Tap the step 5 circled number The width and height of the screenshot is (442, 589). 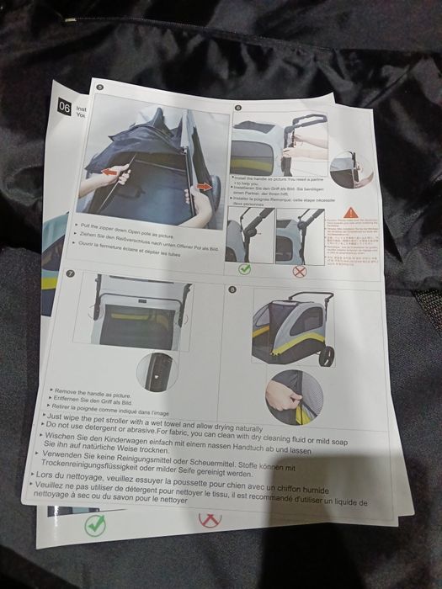point(100,88)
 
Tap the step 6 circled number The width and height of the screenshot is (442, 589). point(238,109)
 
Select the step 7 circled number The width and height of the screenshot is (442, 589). point(70,273)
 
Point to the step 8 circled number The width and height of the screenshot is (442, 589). point(233,292)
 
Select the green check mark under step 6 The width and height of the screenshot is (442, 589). point(244,270)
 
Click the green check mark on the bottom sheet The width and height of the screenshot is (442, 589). point(96,526)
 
